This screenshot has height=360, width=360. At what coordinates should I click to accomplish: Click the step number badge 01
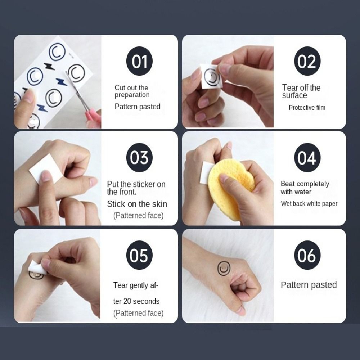pyautogui.click(x=139, y=61)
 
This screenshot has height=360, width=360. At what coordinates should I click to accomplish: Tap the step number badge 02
pyautogui.click(x=307, y=61)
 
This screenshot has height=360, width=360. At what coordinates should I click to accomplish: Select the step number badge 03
pyautogui.click(x=139, y=158)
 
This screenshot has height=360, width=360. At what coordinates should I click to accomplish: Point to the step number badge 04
pyautogui.click(x=307, y=158)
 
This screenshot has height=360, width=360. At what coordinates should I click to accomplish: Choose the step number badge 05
pyautogui.click(x=139, y=255)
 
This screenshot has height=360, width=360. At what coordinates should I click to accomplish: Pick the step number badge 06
pyautogui.click(x=307, y=255)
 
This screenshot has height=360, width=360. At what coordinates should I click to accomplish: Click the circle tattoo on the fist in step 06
pyautogui.click(x=224, y=268)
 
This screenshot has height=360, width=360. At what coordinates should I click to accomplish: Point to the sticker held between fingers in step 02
pyautogui.click(x=211, y=76)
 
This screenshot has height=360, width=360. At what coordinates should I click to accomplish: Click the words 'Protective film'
pyautogui.click(x=307, y=107)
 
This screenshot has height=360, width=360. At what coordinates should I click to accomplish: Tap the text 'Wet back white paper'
pyautogui.click(x=309, y=203)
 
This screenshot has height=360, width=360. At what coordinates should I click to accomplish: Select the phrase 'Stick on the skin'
pyautogui.click(x=137, y=204)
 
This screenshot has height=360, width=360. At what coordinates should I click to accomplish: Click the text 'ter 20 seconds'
pyautogui.click(x=136, y=301)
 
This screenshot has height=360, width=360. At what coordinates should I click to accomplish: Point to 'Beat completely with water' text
pyautogui.click(x=305, y=188)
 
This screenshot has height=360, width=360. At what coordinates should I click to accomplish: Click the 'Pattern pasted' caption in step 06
pyautogui.click(x=309, y=285)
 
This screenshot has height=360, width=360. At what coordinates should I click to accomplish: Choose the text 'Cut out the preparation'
pyautogui.click(x=132, y=91)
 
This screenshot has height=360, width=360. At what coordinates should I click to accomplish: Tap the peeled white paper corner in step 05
pyautogui.click(x=36, y=267)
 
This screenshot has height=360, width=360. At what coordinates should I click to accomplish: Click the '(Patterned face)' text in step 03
pyautogui.click(x=138, y=215)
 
